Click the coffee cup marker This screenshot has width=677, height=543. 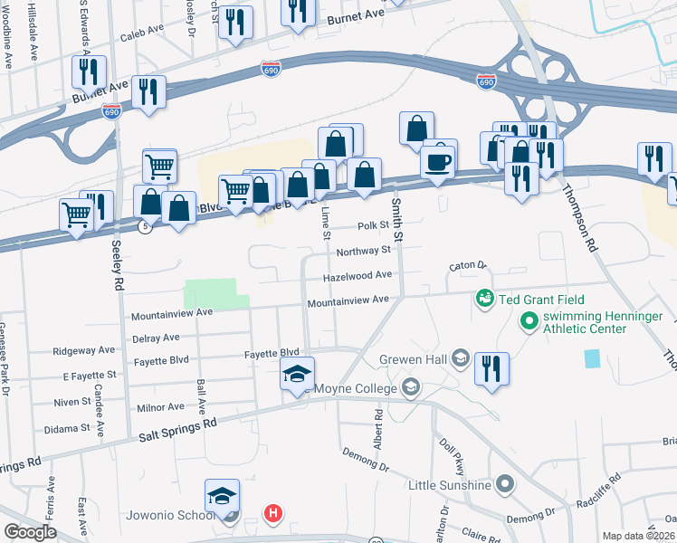[x=438, y=163]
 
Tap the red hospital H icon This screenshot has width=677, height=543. [x=272, y=514]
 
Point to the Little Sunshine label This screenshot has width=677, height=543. [x=449, y=485]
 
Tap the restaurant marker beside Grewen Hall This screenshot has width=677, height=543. [x=491, y=369]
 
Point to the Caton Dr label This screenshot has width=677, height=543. [x=468, y=266]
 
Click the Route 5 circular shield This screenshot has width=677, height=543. [x=145, y=227]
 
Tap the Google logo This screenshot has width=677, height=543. [x=30, y=532]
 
